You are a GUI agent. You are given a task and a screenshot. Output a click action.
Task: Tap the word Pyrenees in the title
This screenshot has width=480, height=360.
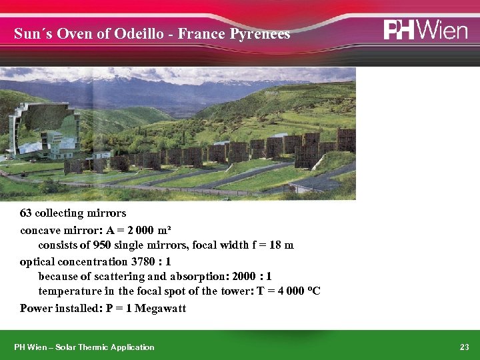pos(260,34)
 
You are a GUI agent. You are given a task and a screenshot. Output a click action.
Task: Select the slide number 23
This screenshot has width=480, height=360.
pos(465,347)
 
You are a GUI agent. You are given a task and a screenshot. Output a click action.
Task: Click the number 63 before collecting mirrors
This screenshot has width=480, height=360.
pos(26,213)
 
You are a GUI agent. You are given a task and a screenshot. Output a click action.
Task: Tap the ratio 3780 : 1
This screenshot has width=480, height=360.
pos(150,261)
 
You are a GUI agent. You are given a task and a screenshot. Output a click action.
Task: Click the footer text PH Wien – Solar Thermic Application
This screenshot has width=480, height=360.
pos(84,347)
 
